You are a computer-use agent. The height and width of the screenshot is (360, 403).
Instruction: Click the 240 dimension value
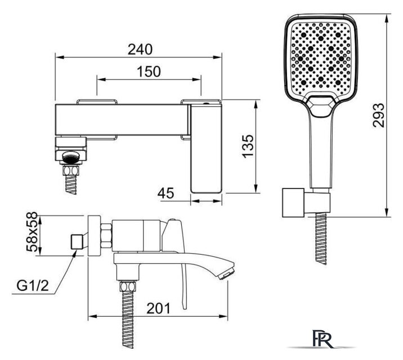[x=140, y=49]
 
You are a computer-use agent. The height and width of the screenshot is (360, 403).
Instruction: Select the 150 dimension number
[x=149, y=71]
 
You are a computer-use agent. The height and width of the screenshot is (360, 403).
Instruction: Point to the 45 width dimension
[x=165, y=193]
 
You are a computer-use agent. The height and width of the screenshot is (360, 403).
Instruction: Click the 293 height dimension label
[x=378, y=115]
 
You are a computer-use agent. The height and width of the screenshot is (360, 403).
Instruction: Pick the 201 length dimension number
[x=158, y=308]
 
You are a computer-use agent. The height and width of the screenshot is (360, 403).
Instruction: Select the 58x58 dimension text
[x=32, y=232]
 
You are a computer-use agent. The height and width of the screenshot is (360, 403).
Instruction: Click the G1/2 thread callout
[x=33, y=286]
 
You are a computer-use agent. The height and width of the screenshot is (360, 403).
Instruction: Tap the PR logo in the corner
[x=323, y=339]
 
